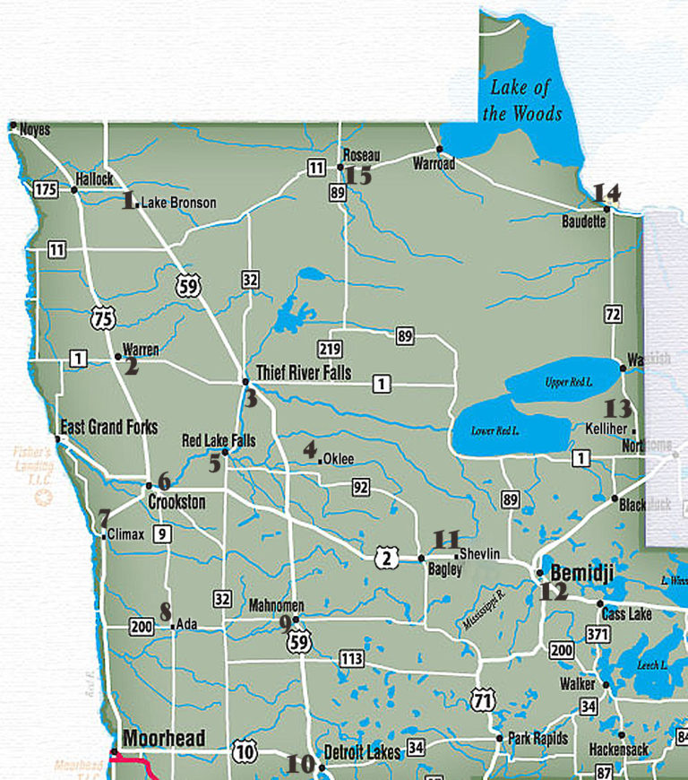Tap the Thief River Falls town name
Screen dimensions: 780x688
click(x=304, y=371)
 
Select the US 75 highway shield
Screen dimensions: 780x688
click(x=101, y=316)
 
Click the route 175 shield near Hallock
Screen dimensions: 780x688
click(x=45, y=189)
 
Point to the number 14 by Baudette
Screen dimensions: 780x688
click(x=606, y=192)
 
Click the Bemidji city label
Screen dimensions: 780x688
click(x=581, y=572)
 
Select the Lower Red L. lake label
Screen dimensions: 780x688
click(x=495, y=430)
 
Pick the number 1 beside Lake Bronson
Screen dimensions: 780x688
click(x=127, y=200)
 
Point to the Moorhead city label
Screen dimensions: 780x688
click(x=163, y=739)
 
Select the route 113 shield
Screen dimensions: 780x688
click(x=352, y=659)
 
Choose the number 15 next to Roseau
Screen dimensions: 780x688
click(x=358, y=175)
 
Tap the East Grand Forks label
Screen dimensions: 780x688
click(x=107, y=426)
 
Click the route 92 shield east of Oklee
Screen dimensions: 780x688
click(x=361, y=488)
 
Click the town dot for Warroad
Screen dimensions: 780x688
click(x=439, y=149)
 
